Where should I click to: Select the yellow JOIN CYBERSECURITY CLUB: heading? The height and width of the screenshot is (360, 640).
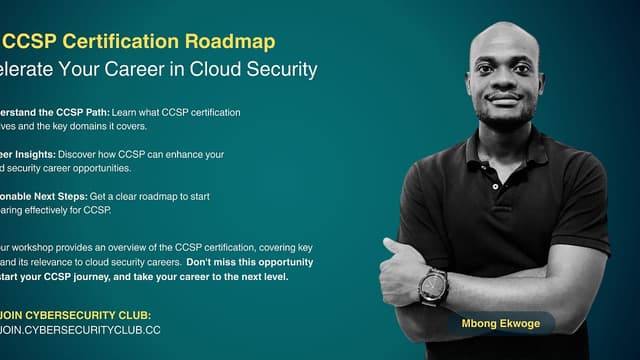tap(76, 315)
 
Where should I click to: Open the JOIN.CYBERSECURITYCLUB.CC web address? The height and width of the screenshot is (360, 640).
tap(80, 329)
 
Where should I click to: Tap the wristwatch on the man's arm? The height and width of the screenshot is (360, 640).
tap(433, 286)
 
